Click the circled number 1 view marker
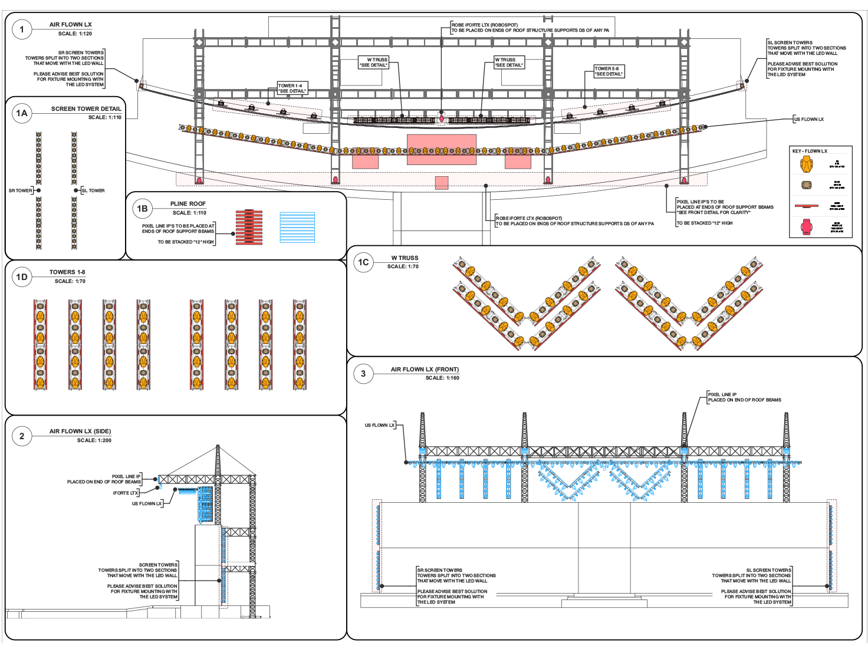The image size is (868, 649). (22, 29)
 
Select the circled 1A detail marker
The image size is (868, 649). (22, 113)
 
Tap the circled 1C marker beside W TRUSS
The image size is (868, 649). (363, 262)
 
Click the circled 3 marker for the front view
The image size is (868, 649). (363, 374)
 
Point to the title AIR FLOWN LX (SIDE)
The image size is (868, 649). (80, 431)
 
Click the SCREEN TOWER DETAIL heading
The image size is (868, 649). (86, 109)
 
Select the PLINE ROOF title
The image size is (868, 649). (188, 204)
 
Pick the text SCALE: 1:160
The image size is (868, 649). (442, 378)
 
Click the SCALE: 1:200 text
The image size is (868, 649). (94, 440)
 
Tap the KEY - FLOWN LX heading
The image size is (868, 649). (810, 151)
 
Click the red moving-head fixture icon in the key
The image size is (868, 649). (806, 226)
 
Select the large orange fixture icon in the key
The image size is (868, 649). (806, 164)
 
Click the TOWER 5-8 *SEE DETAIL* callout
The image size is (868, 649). (609, 71)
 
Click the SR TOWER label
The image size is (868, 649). (21, 191)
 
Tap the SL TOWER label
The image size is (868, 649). (93, 191)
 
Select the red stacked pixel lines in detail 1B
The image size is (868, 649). (249, 227)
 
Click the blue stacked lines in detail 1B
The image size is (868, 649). (297, 227)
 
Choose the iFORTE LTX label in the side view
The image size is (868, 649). (126, 493)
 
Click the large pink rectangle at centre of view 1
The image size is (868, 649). (441, 149)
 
